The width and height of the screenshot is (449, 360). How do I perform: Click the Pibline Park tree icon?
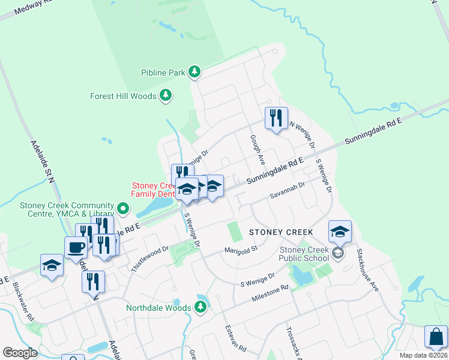click(194, 73)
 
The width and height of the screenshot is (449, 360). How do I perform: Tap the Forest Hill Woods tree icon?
click(166, 95)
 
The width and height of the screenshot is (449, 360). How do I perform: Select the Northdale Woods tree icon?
click(200, 308)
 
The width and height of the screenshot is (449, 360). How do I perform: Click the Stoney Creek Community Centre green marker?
click(123, 209)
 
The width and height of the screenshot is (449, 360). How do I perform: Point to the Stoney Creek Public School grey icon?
click(339, 253)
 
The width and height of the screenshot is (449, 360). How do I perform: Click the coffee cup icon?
click(76, 247)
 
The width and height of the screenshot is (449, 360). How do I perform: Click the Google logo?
click(20, 353)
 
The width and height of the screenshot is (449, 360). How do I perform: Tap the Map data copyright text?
click(424, 355)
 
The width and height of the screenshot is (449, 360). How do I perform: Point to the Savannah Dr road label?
click(288, 191)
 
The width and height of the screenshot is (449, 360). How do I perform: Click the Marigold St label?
click(241, 249)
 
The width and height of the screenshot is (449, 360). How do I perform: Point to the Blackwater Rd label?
click(22, 296)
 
